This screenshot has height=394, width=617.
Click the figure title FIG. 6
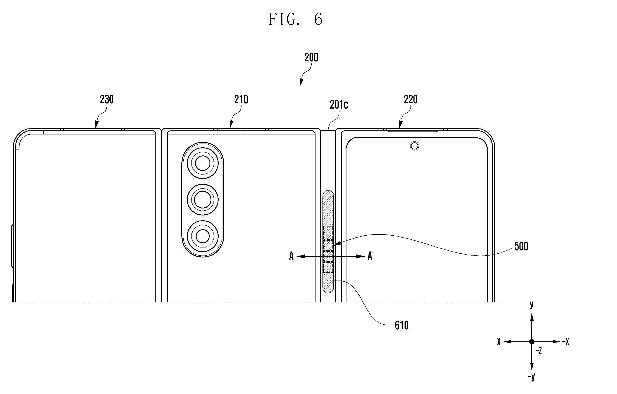pos(295,19)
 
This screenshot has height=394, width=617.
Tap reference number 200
pos(311,57)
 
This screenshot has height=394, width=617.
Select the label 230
pos(107,99)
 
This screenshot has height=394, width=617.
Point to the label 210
pos(241,99)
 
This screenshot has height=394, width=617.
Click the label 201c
pos(339,105)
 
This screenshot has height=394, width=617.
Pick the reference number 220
pos(411,99)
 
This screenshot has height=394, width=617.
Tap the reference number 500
pos(521,246)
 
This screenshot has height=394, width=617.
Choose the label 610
pos(402,326)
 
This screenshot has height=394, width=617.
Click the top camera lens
pos(203,163)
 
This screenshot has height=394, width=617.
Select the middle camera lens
pos(203,199)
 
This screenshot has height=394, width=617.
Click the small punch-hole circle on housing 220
pos(414,146)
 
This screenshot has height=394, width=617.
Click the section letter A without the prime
pos(291,256)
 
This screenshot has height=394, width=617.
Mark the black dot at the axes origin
pos(532,342)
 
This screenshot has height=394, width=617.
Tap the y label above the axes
pos(532,305)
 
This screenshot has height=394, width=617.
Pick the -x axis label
pos(565,341)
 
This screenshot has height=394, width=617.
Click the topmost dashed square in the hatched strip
pos(328,232)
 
